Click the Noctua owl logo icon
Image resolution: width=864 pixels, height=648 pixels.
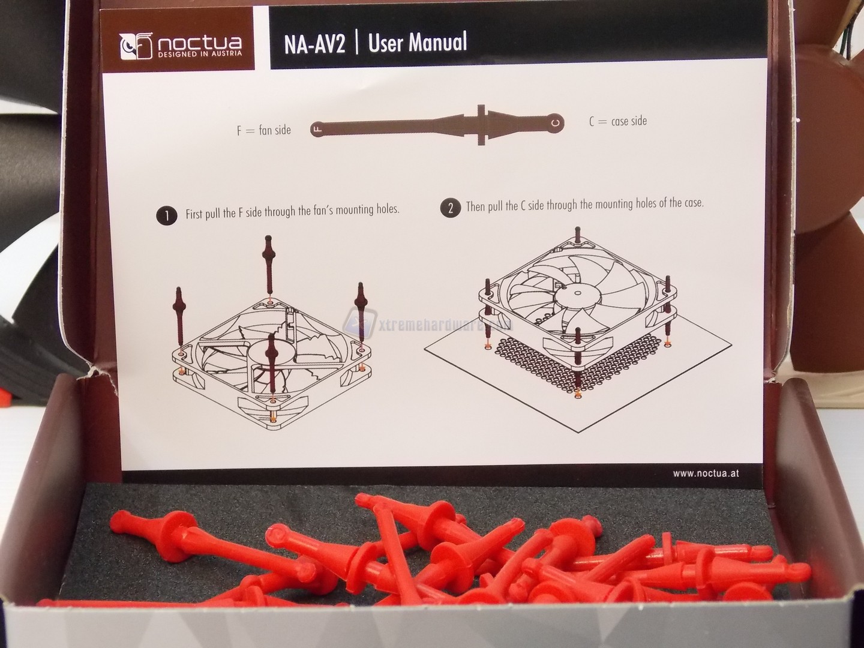136,46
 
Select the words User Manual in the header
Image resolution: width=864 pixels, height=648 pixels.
418,42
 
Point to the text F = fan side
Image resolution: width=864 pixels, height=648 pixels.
264,130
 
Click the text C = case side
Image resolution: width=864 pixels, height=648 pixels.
618,121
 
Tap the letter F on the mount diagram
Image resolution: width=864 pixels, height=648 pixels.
319,128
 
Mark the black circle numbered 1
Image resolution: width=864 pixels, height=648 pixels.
167,216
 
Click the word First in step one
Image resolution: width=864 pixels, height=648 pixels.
196,214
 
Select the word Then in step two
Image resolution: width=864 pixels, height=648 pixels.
475,206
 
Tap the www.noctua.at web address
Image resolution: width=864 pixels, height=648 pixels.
706,473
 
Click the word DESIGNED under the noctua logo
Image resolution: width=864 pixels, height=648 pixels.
175,55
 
